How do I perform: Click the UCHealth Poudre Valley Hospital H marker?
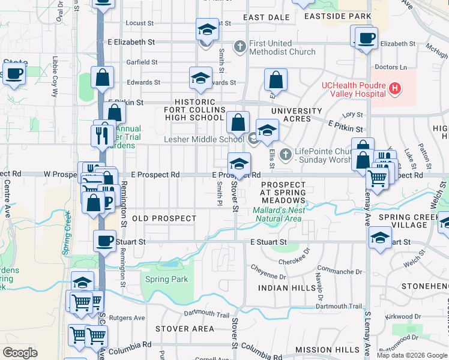(x=394, y=89)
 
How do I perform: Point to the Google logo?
(x=20, y=352)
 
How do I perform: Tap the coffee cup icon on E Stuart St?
(x=104, y=241)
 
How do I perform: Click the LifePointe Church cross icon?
(x=285, y=155)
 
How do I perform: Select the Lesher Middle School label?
(x=204, y=139)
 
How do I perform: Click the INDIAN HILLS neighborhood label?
(x=287, y=288)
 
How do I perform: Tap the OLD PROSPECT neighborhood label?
(x=164, y=218)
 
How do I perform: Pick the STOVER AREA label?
(x=184, y=329)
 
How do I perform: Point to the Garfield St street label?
(x=142, y=62)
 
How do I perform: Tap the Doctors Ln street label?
(x=390, y=67)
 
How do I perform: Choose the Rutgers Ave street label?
(x=131, y=317)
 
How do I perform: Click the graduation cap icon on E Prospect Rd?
(x=239, y=163)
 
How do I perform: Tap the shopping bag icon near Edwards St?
(x=276, y=79)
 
